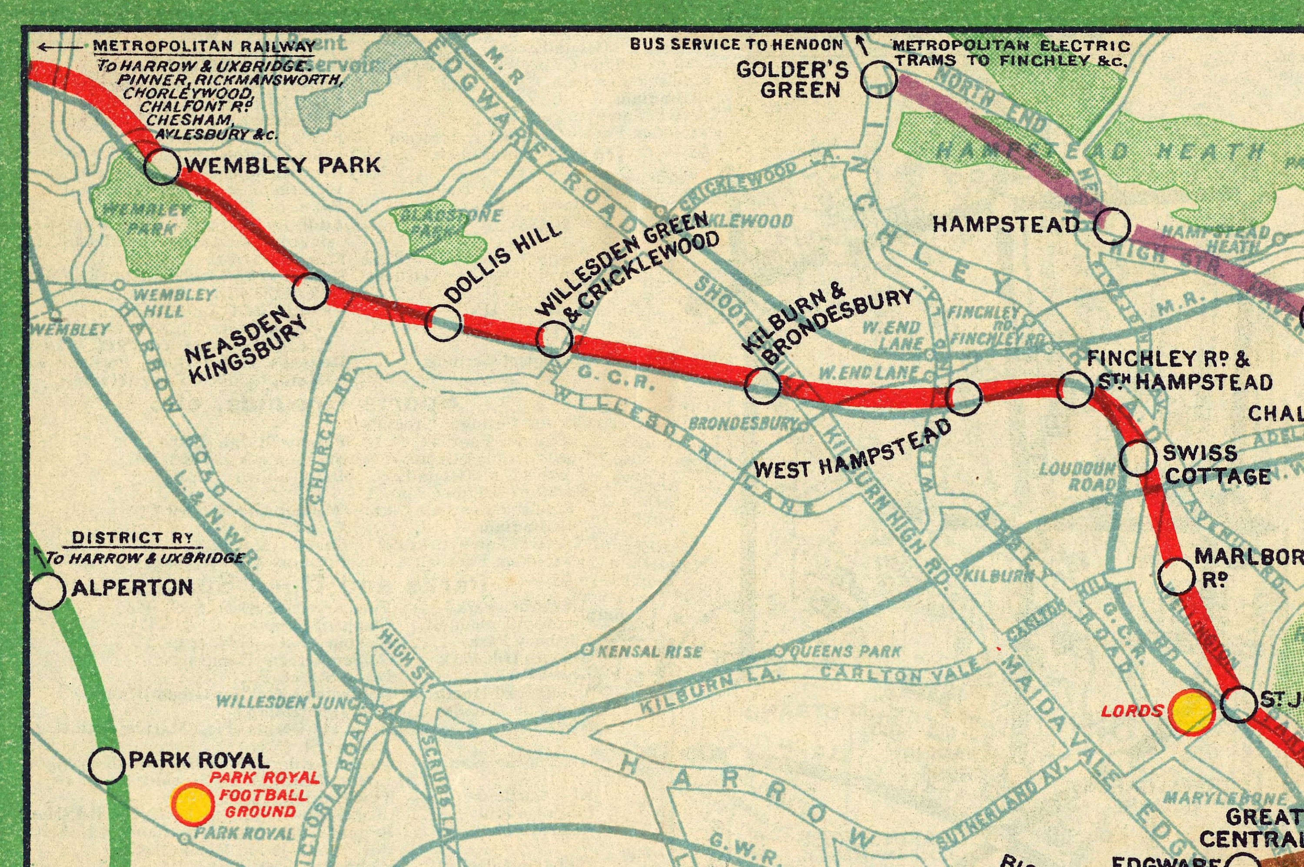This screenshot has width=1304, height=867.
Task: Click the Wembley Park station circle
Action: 162,166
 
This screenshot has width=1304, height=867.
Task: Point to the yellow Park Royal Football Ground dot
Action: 193,804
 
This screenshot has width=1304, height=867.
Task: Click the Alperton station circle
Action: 47,591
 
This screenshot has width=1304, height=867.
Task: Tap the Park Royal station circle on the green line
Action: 106,766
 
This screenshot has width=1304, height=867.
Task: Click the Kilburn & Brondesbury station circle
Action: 762,385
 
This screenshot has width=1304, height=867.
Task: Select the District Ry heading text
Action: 133,538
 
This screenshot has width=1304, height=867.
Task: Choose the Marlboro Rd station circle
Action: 1177,577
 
